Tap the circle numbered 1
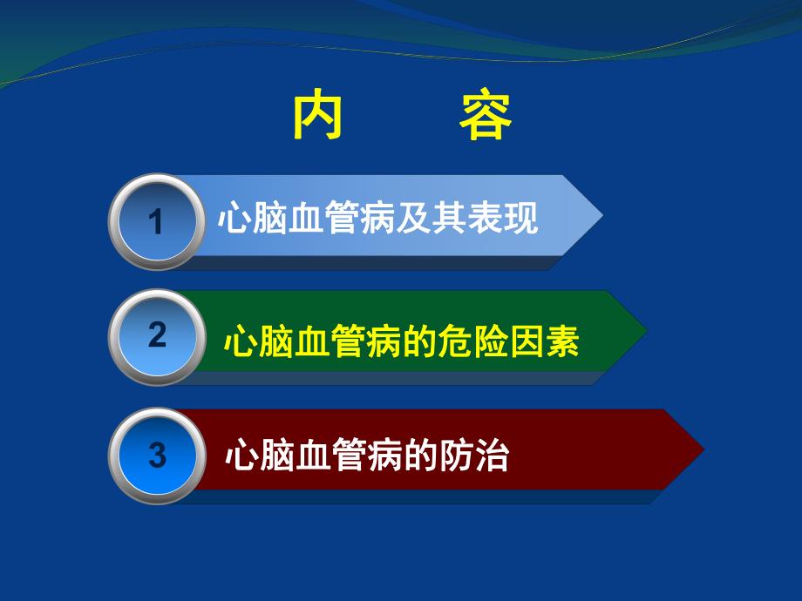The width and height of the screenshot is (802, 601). pos(156,221)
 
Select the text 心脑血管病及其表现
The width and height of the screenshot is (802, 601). pos(377,218)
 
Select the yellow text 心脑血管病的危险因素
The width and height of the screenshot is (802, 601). pos(401,340)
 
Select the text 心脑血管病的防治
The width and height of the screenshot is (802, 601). pos(366,457)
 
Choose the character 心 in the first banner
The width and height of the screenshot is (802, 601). pos(234,218)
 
